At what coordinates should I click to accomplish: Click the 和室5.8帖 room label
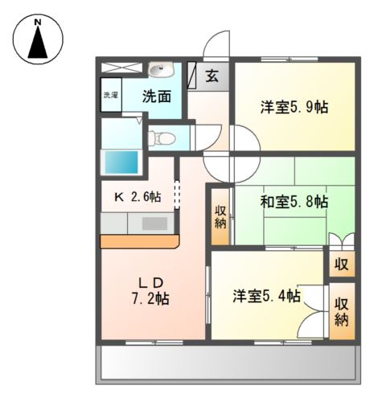(x=294, y=201)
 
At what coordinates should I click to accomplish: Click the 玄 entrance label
(x=211, y=76)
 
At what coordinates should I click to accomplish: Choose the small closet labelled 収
(x=341, y=264)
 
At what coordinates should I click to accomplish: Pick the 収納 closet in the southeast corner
(x=342, y=310)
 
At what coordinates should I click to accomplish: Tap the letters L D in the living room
(x=150, y=281)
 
